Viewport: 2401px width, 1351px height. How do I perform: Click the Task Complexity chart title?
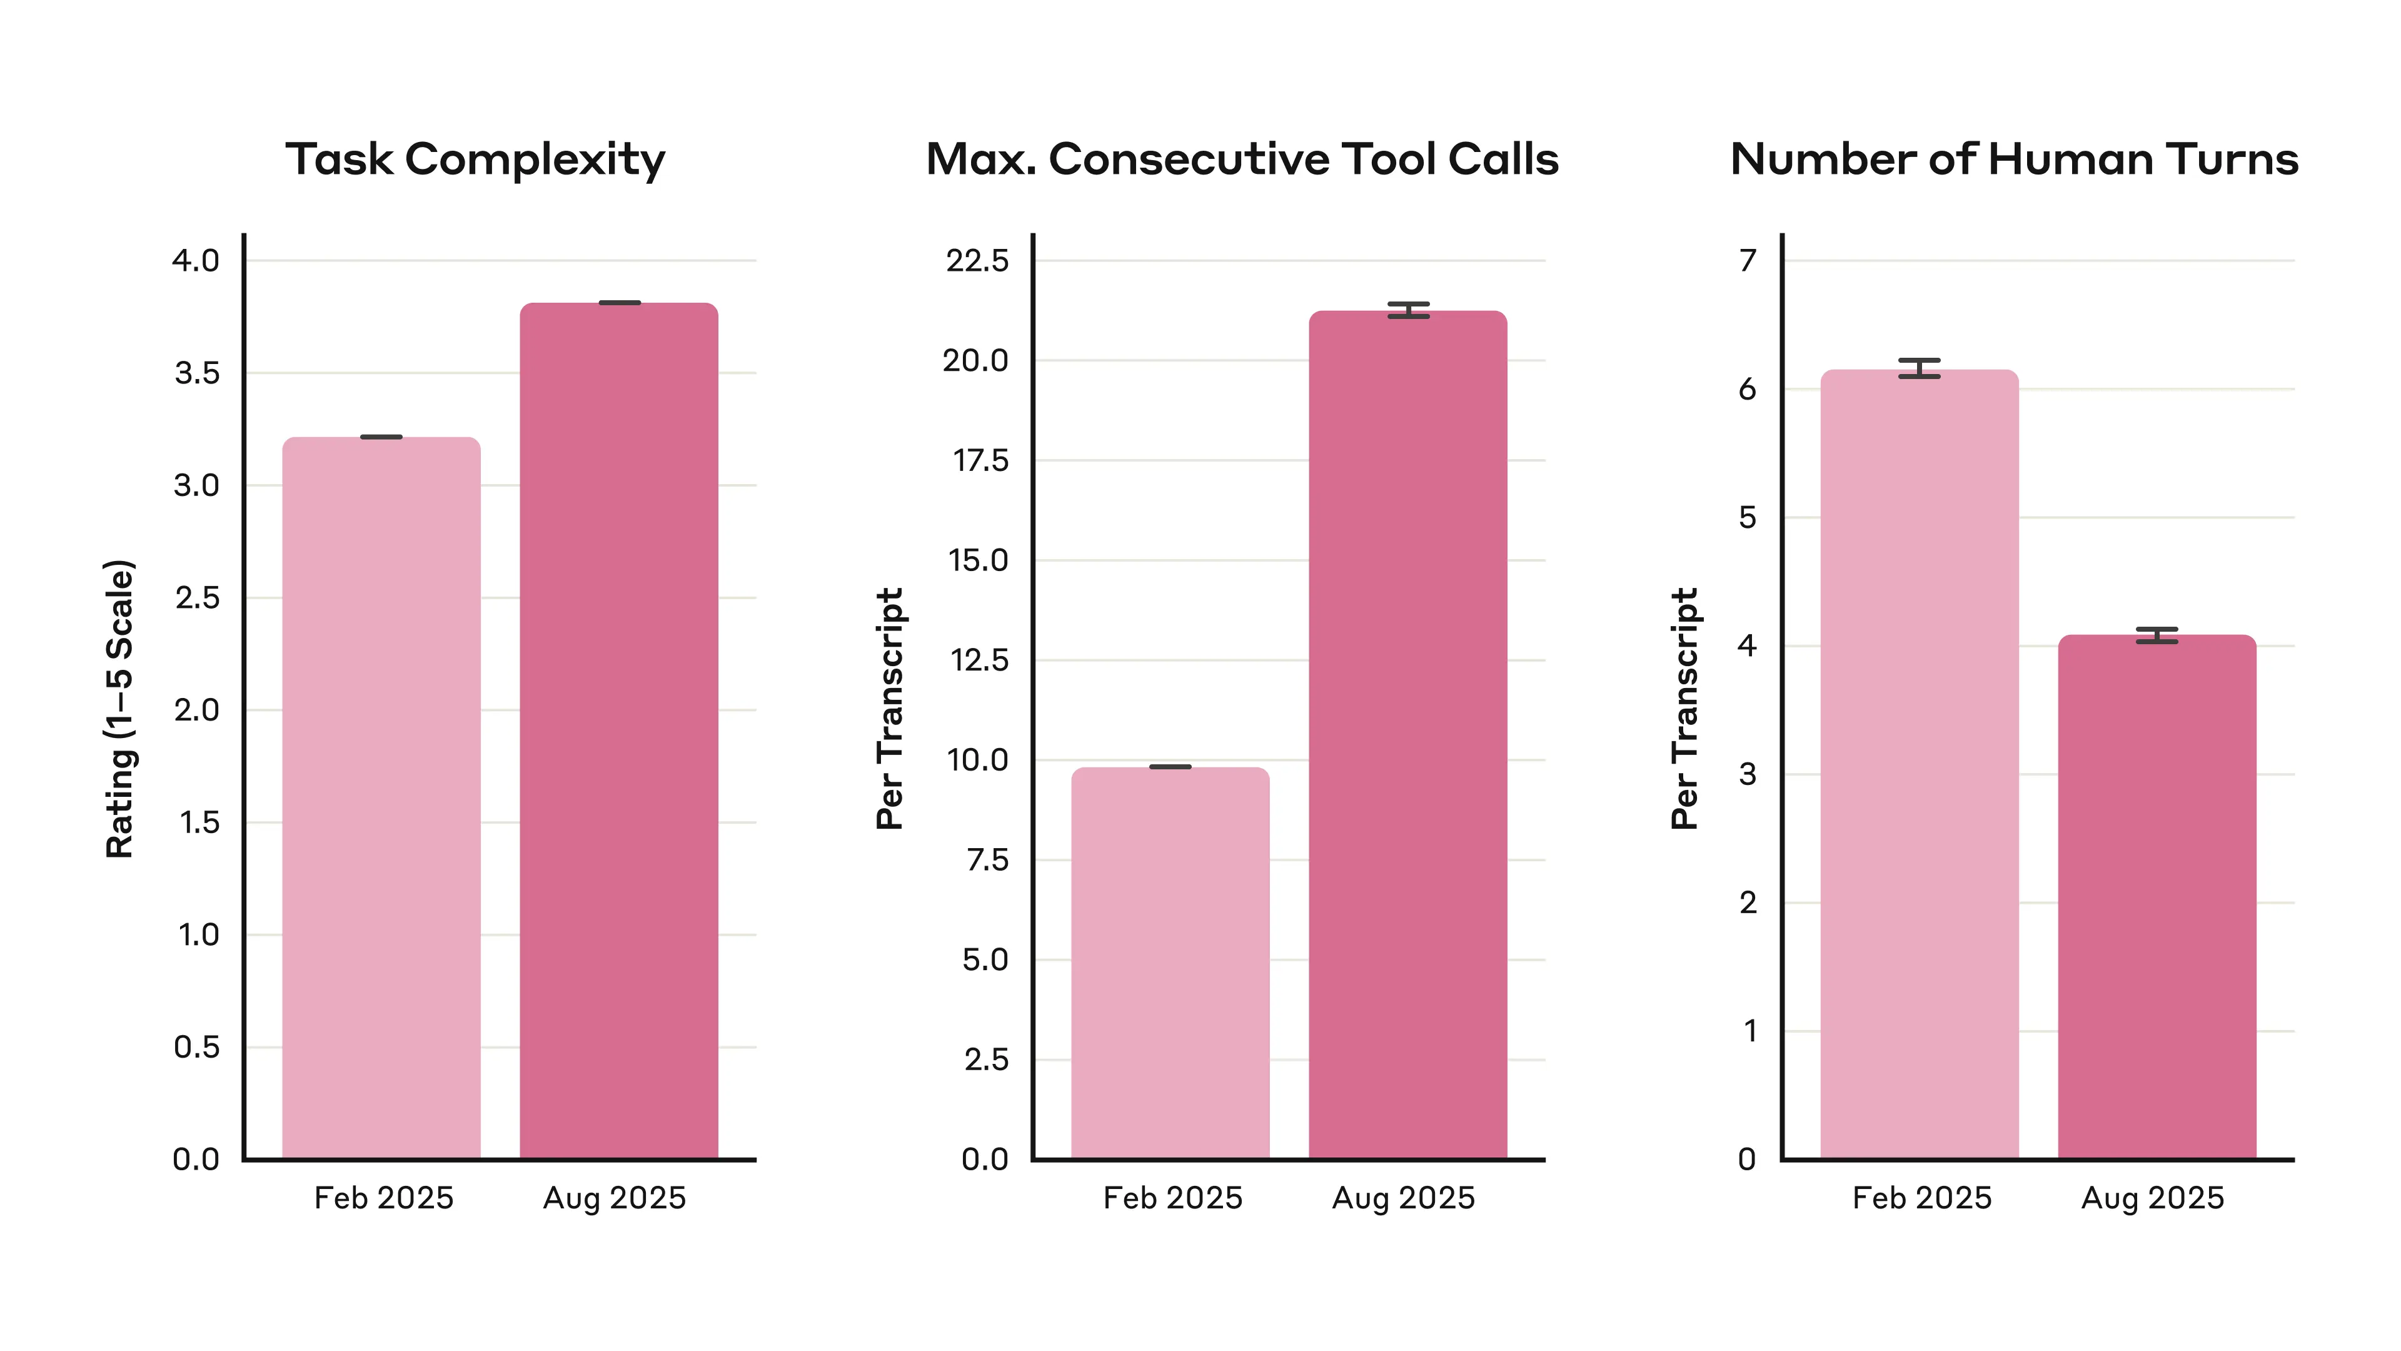(475, 159)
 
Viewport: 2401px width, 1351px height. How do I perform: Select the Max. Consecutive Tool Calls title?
(1242, 159)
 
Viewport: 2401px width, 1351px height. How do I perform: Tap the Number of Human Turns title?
(2014, 159)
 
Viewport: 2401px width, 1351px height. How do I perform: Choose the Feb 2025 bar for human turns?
(1919, 764)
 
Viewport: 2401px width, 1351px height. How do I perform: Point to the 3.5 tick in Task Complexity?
(197, 373)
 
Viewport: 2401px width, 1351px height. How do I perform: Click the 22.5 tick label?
(977, 260)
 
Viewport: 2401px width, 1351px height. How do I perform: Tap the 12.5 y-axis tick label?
(979, 660)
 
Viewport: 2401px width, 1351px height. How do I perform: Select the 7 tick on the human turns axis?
(1748, 260)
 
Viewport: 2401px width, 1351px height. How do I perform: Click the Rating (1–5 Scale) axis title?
(120, 709)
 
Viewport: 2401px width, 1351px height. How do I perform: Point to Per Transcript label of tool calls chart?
(890, 709)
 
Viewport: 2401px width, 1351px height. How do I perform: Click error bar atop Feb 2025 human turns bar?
(1919, 368)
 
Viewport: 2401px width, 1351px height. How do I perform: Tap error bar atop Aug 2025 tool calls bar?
(1407, 310)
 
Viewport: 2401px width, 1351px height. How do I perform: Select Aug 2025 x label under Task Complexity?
(614, 1198)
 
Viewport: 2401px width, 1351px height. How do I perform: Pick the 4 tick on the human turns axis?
(1748, 645)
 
